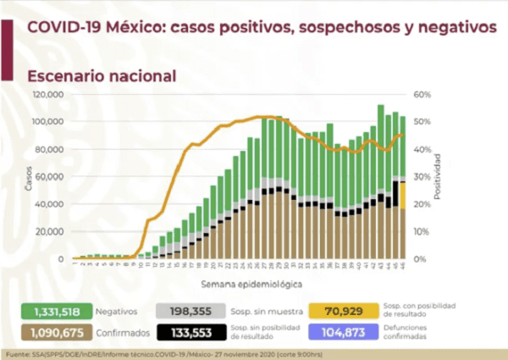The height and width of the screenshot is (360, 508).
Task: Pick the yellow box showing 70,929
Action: point(341,311)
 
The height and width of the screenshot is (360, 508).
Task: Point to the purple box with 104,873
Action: point(341,332)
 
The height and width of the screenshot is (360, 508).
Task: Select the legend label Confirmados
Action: point(113,332)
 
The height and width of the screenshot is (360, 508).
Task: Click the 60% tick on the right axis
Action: point(422,95)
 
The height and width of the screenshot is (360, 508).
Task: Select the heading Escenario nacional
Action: point(102,75)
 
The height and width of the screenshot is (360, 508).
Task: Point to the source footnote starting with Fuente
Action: point(169,352)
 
